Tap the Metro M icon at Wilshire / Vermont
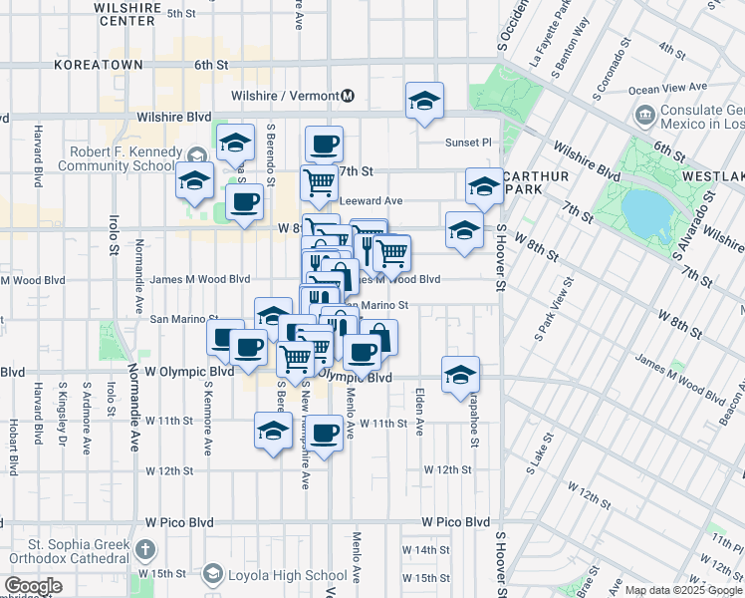coord(348,97)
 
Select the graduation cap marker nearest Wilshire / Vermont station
coord(424,101)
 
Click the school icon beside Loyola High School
coord(212,574)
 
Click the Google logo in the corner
coord(33,587)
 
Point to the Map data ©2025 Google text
coord(680,590)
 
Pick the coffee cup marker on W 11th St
coord(324,433)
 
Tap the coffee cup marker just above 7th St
coord(324,145)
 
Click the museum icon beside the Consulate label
coord(644,115)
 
